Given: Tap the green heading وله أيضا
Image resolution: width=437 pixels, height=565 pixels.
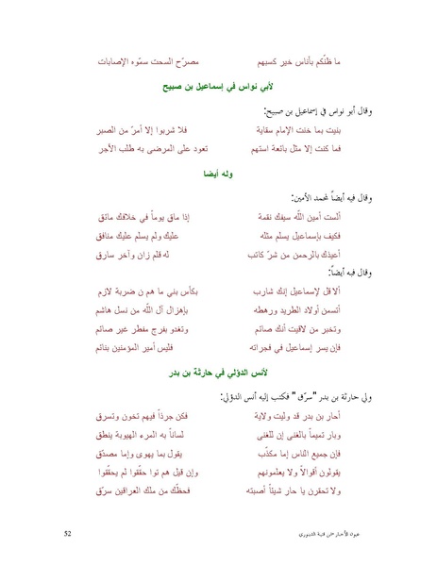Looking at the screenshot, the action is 218,174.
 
